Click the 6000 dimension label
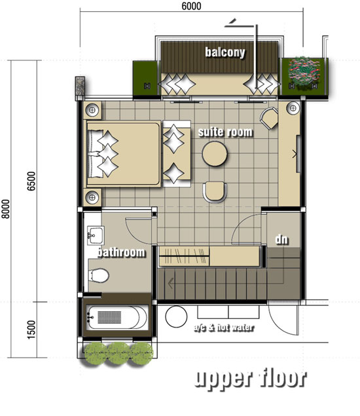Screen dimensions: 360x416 point(191,6)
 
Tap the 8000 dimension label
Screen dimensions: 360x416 point(6,209)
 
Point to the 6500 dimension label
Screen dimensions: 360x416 point(31,181)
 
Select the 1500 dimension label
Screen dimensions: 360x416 point(31,330)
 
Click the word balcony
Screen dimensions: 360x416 point(225,52)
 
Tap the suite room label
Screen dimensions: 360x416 point(225,132)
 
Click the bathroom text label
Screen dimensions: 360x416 point(121,252)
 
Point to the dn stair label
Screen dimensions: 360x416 point(281,240)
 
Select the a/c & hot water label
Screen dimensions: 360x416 point(224,328)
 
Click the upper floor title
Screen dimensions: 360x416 point(251,378)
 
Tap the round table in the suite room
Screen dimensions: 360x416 point(215,154)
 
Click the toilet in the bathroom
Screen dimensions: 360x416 point(99,275)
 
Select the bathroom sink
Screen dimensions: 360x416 point(96,236)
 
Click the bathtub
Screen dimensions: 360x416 point(117,318)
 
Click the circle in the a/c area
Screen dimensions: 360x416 point(176,316)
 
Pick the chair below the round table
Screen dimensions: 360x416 point(215,192)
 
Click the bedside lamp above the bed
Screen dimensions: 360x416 point(92,110)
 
